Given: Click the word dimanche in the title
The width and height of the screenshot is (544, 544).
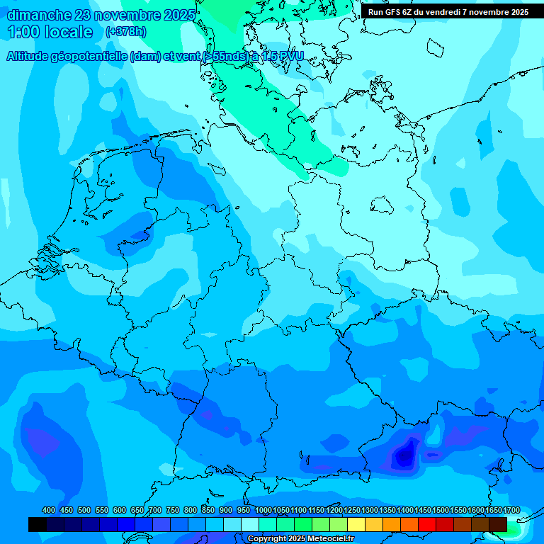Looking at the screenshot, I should (x=38, y=14).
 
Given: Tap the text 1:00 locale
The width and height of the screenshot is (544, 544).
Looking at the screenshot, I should (x=50, y=32).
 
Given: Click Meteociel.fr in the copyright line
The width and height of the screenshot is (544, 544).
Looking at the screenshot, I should (x=325, y=539).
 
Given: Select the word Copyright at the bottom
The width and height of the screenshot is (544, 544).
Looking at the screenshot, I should (x=268, y=539).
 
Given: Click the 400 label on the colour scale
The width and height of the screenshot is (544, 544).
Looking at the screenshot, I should (x=49, y=510).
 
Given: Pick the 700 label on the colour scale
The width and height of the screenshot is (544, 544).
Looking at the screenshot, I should (x=155, y=510).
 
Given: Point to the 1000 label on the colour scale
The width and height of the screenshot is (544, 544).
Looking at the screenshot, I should (x=263, y=510).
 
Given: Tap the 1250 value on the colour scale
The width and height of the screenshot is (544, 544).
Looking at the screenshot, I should (x=352, y=510).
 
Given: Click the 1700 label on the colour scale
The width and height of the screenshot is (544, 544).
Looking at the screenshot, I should (x=511, y=510).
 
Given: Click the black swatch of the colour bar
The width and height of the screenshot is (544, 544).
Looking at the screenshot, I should (x=38, y=524).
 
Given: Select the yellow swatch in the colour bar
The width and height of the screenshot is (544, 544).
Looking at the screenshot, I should (x=356, y=524).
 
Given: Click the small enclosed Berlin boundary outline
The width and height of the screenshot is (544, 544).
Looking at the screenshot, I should (x=382, y=205).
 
